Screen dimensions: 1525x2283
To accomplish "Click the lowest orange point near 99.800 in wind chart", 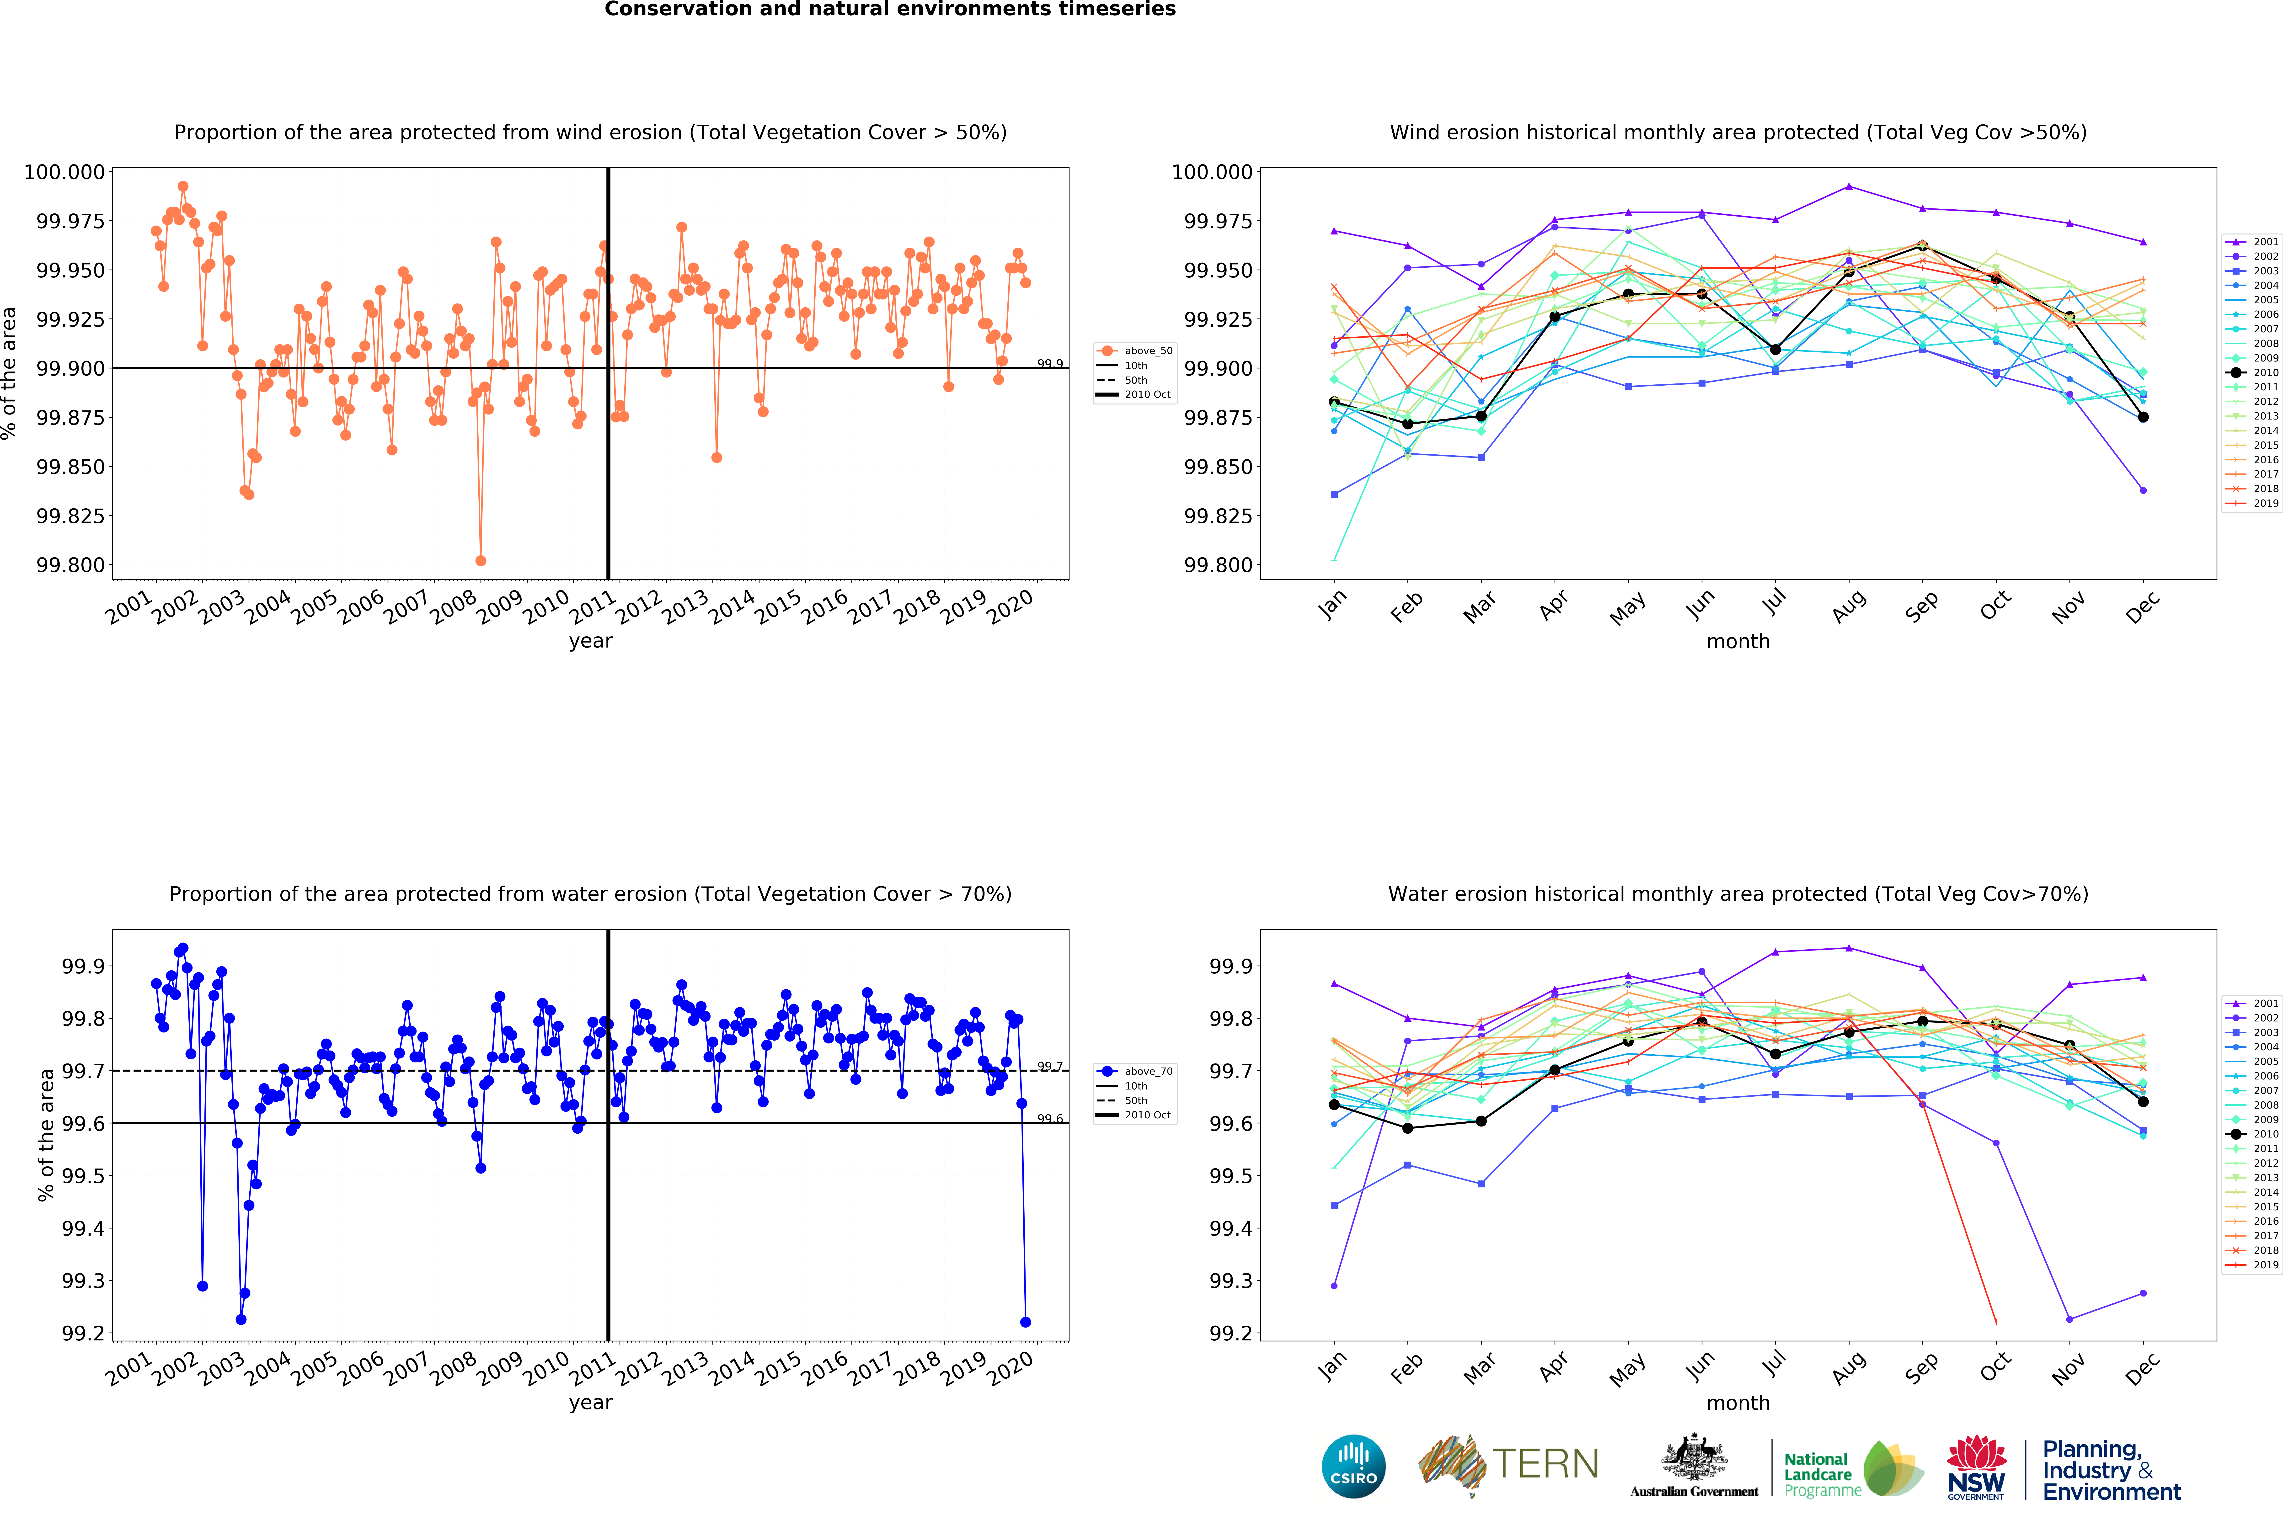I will [481, 560].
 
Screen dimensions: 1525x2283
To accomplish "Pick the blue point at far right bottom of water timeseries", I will [1025, 1322].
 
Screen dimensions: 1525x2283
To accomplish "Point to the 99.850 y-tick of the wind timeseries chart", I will [70, 467].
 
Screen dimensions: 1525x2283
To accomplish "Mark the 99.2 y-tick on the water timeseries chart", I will [83, 1334].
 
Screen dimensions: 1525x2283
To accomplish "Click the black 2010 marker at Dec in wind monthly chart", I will [2143, 417].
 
